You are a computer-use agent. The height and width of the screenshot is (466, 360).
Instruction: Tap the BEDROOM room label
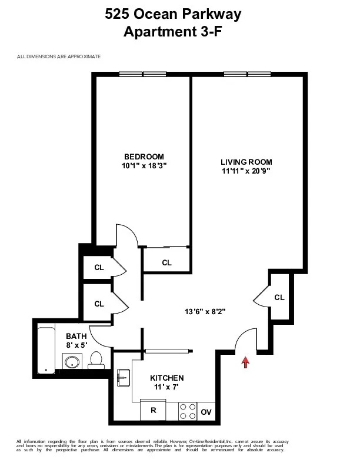(x=144, y=156)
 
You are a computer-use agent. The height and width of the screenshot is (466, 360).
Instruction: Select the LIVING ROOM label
(x=246, y=162)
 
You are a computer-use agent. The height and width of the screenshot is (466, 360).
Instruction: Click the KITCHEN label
(x=167, y=378)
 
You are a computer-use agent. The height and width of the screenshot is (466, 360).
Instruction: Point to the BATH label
(x=76, y=336)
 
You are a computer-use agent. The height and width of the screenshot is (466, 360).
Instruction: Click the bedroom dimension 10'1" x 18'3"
(x=144, y=165)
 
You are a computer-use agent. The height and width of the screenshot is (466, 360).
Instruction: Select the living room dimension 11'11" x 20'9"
(x=246, y=171)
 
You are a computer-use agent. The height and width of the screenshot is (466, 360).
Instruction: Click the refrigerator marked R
(x=153, y=411)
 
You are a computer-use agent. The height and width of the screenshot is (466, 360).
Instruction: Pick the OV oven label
(x=206, y=412)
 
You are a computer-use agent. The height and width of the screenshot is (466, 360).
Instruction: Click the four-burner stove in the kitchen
(x=187, y=411)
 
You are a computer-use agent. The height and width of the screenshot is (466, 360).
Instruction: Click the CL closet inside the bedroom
(x=166, y=262)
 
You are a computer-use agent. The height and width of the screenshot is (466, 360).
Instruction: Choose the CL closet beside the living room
(x=279, y=298)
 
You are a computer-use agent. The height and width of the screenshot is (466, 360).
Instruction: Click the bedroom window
(x=143, y=74)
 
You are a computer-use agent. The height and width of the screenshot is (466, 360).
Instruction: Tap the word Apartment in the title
(x=155, y=33)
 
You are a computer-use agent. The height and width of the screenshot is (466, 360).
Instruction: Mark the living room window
(x=247, y=74)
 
